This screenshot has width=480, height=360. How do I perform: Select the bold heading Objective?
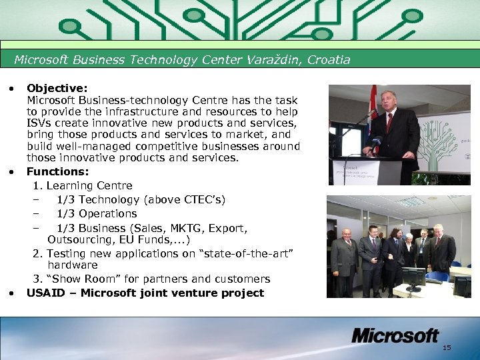(55, 87)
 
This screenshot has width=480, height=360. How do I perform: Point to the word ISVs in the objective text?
(38, 123)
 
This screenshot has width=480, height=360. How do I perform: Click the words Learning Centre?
(89, 185)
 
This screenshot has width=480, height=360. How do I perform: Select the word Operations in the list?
(108, 213)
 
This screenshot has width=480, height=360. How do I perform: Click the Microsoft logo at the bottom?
(395, 335)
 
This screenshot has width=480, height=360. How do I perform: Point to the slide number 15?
(447, 348)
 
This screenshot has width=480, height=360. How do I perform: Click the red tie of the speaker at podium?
(389, 123)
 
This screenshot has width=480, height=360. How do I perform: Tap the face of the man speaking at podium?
(389, 103)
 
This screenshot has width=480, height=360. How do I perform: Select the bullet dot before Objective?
(12, 87)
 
